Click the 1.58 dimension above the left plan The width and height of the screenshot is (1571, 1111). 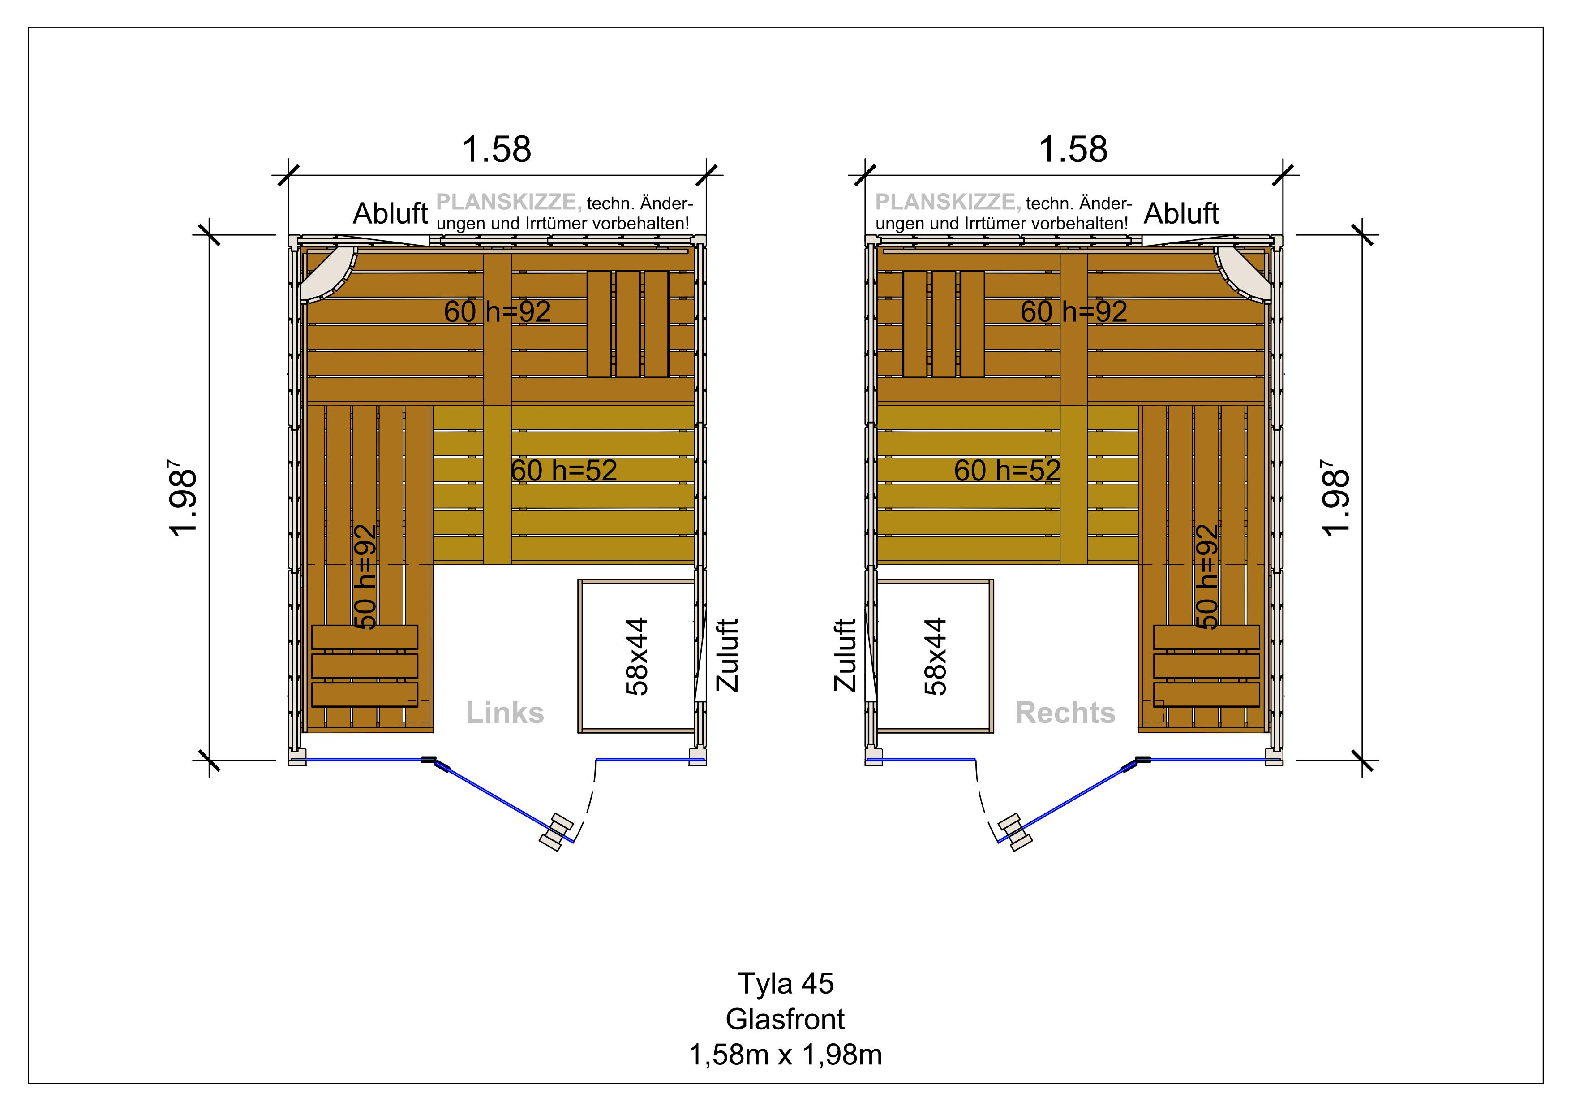(497, 149)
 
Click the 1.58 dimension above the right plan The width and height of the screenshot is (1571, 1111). (1073, 149)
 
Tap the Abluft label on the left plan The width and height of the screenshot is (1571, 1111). (390, 214)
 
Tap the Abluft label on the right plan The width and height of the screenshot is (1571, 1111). (1181, 214)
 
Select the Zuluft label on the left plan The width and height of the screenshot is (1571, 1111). (727, 655)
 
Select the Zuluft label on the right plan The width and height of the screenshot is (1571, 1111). (845, 655)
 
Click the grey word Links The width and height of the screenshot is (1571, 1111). (505, 713)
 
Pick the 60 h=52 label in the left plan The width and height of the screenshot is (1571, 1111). (564, 470)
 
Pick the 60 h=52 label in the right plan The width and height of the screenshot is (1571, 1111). (1007, 470)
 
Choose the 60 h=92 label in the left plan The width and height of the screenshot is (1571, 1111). (498, 311)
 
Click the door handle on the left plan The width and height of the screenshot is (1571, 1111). (556, 832)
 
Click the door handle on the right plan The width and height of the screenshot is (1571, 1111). (1014, 832)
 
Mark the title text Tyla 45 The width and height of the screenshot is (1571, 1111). (785, 984)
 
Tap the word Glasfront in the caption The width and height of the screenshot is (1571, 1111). (785, 1019)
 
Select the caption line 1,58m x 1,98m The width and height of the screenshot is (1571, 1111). (785, 1055)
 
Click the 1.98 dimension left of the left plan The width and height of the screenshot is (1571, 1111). (183, 502)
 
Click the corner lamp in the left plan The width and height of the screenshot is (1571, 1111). (328, 274)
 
